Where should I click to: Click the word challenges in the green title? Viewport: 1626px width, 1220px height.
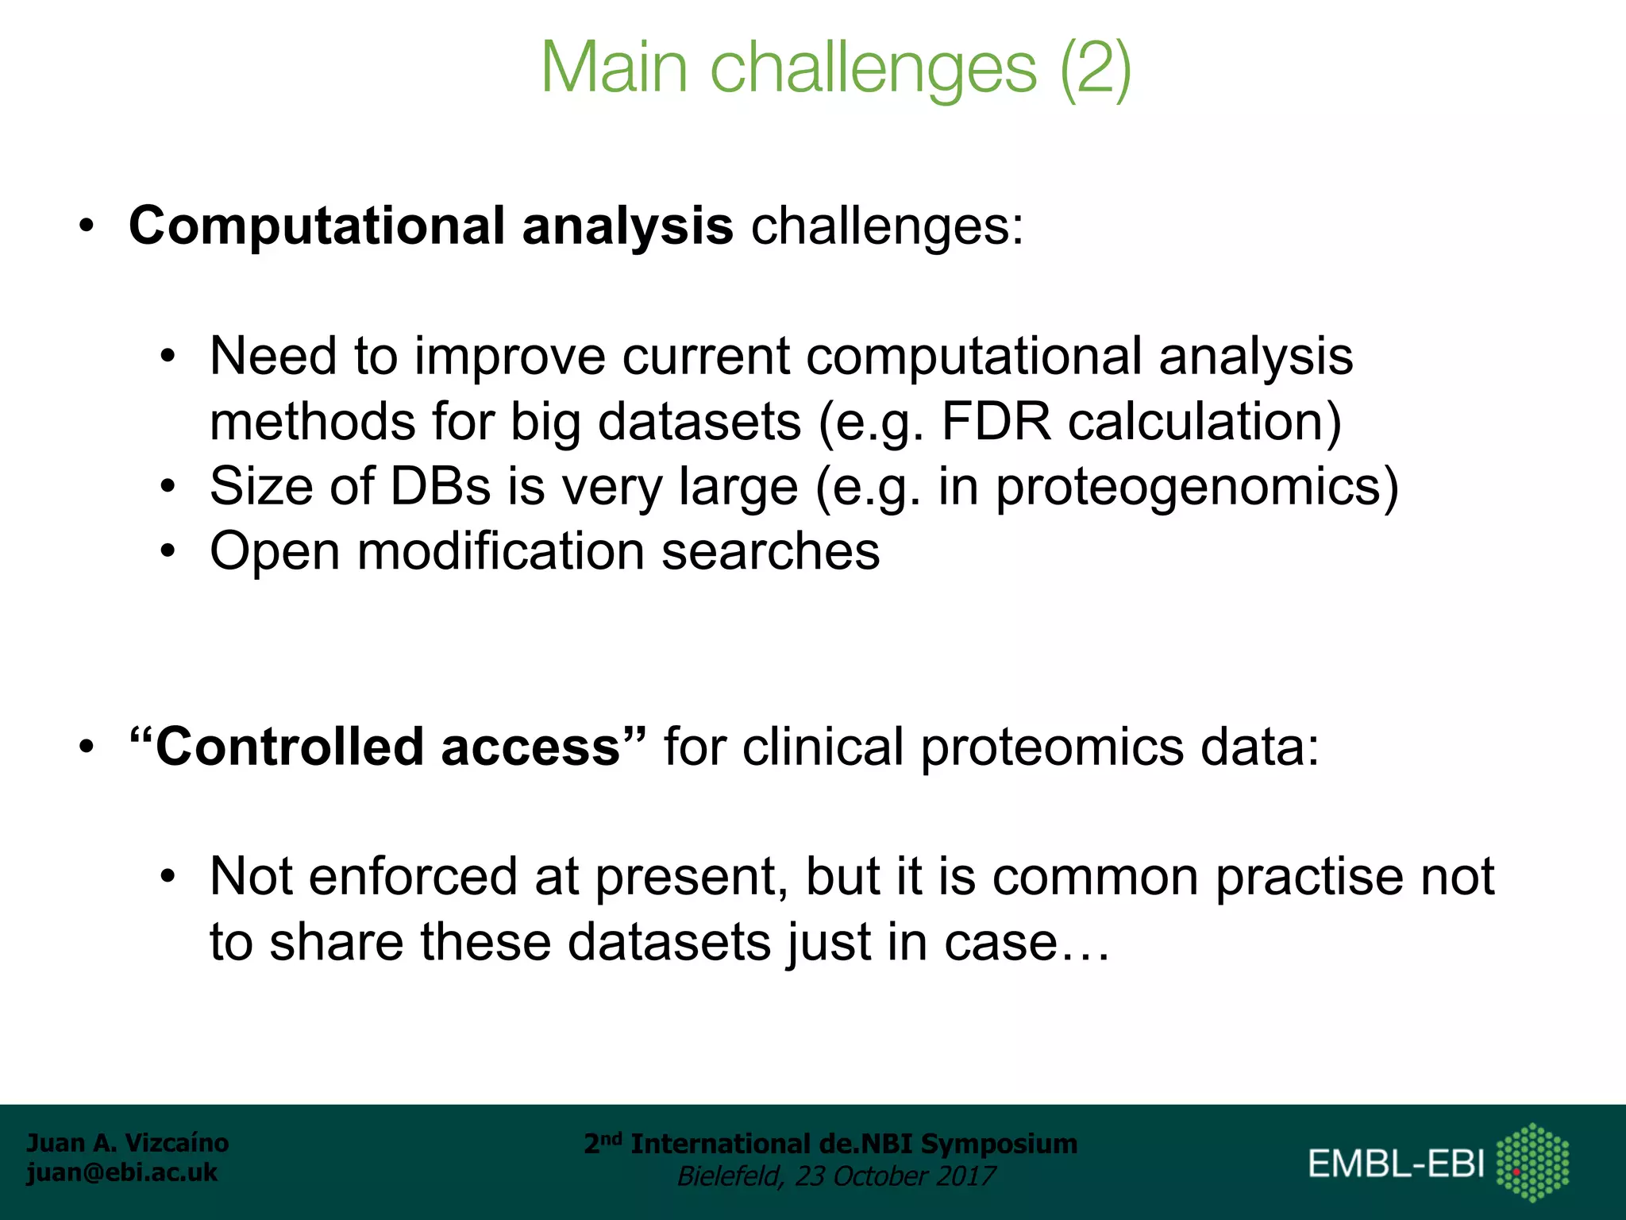(x=873, y=68)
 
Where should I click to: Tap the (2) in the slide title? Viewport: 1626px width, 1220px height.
(x=1096, y=68)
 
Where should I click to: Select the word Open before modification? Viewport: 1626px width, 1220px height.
(x=275, y=551)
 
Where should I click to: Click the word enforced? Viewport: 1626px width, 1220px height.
(x=413, y=877)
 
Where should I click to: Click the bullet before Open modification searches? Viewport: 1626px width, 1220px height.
(x=167, y=551)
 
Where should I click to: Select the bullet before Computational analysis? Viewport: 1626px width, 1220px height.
(x=87, y=227)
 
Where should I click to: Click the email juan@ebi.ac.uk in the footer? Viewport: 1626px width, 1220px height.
(x=121, y=1172)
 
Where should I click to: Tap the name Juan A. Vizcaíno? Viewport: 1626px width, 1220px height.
(x=128, y=1143)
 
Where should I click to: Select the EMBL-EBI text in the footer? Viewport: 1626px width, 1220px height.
(x=1396, y=1164)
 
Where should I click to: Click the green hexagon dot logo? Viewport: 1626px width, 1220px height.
(x=1532, y=1162)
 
